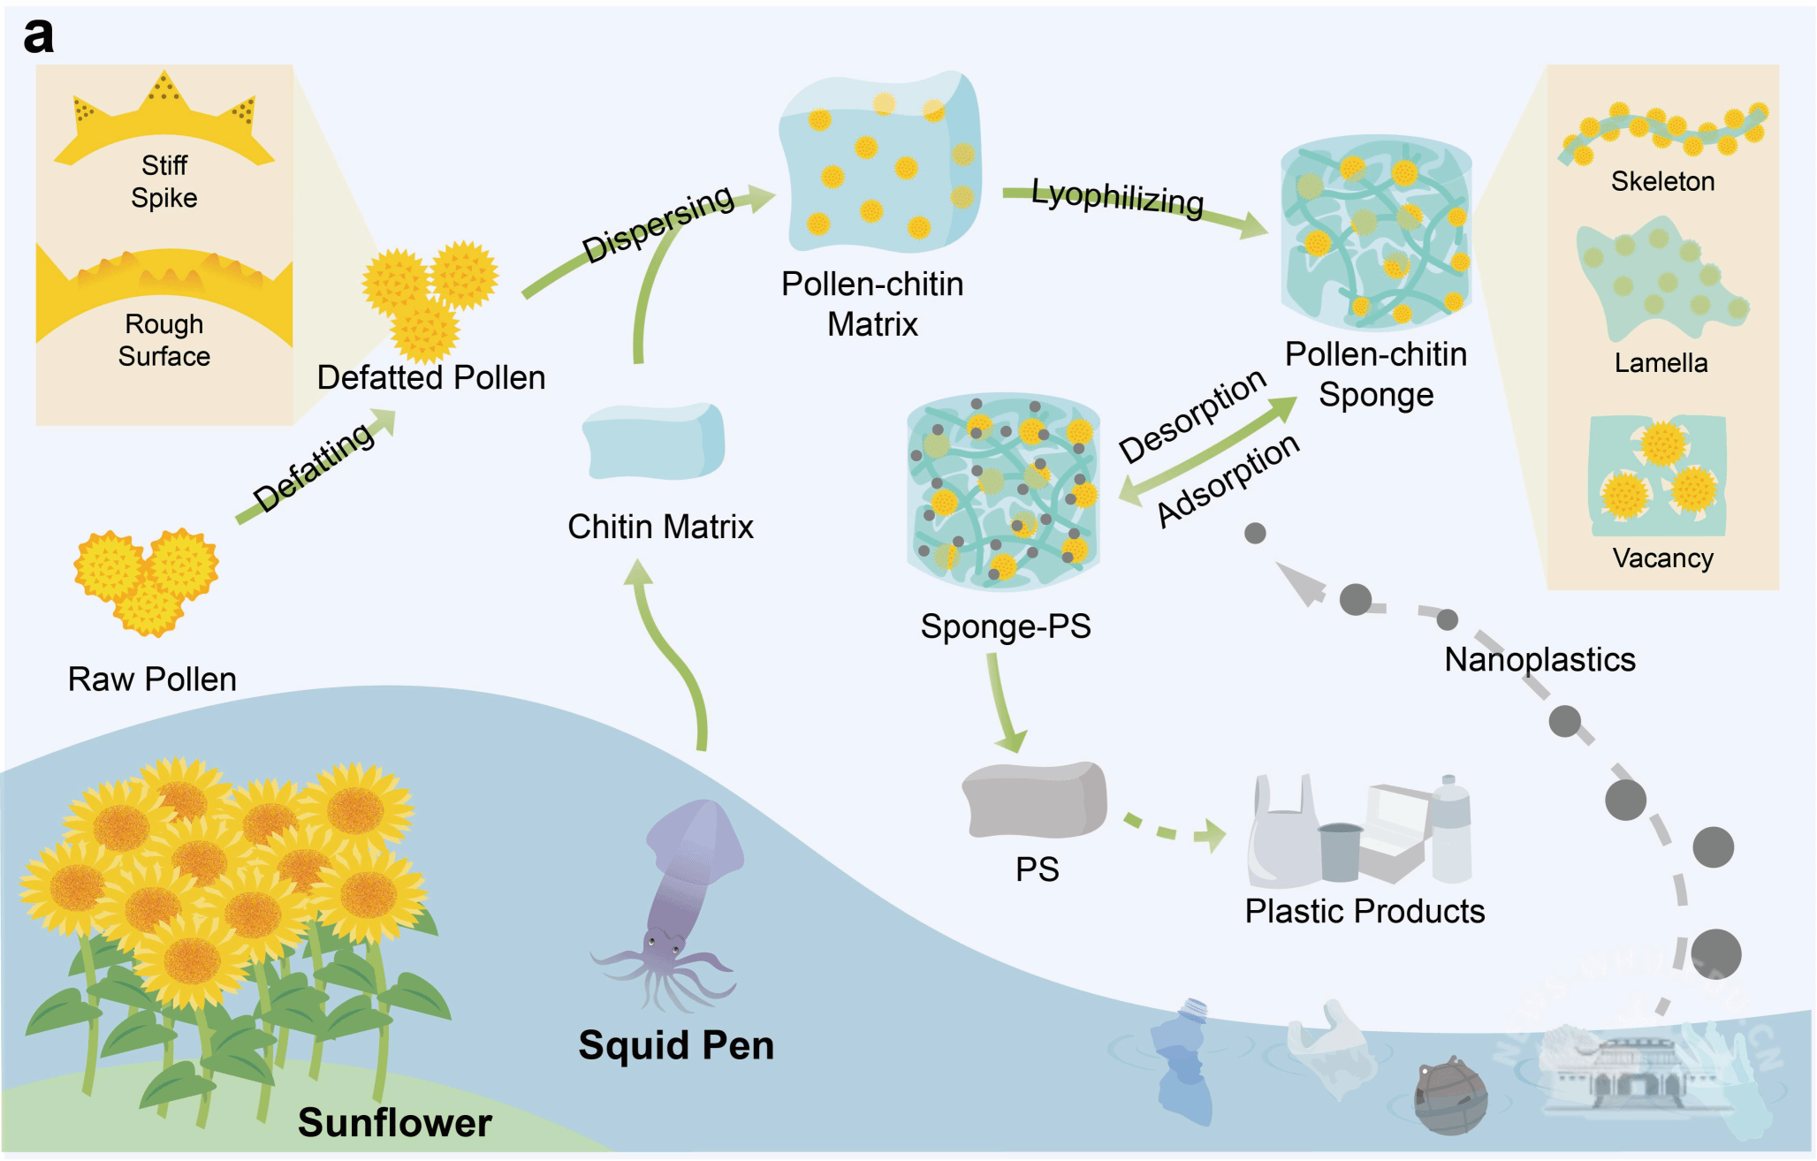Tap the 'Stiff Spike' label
(164, 181)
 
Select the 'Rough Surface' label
(164, 340)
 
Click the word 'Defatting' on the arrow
(314, 467)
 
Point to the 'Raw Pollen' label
(152, 679)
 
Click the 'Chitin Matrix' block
(654, 442)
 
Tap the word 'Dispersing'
(658, 224)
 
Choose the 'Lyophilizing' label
(1117, 198)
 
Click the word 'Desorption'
(1192, 415)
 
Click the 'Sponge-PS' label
(1006, 626)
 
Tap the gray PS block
(1034, 800)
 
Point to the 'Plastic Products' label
(1365, 911)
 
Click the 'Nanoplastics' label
(1540, 660)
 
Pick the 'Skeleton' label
(1662, 181)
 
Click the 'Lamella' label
(1661, 363)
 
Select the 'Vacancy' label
(1662, 558)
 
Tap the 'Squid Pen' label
(676, 1045)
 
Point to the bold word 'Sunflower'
(395, 1123)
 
